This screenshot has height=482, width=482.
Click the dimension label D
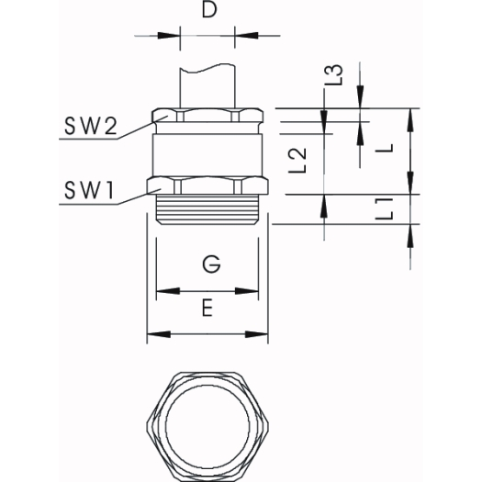[209, 9]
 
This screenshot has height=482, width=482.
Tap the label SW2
[91, 126]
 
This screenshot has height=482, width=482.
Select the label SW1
[89, 190]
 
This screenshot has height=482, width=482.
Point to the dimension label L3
[334, 75]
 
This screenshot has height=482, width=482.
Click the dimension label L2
[297, 161]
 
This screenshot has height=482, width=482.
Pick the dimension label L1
[385, 209]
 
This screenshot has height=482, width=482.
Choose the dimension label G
[211, 264]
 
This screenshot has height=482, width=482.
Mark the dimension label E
[207, 308]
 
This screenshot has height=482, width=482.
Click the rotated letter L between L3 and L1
[385, 149]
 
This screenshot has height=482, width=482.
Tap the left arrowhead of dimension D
[168, 36]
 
